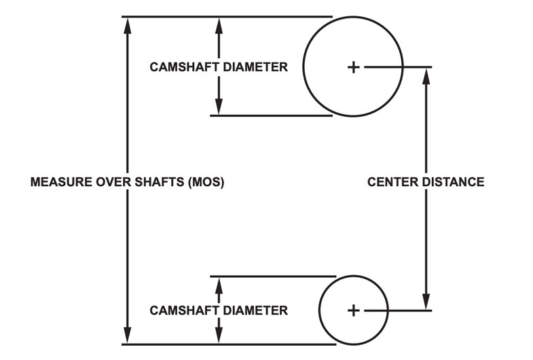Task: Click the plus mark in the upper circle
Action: pos(353,67)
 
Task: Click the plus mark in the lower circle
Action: pos(353,310)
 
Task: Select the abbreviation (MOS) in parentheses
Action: pos(206,183)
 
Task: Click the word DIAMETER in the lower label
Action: pos(253,310)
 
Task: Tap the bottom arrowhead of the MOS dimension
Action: pos(127,336)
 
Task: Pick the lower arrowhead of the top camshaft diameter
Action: pos(219,107)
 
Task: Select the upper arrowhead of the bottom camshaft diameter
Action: pos(219,285)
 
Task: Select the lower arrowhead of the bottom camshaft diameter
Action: pos(219,336)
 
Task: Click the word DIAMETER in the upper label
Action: pos(253,67)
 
